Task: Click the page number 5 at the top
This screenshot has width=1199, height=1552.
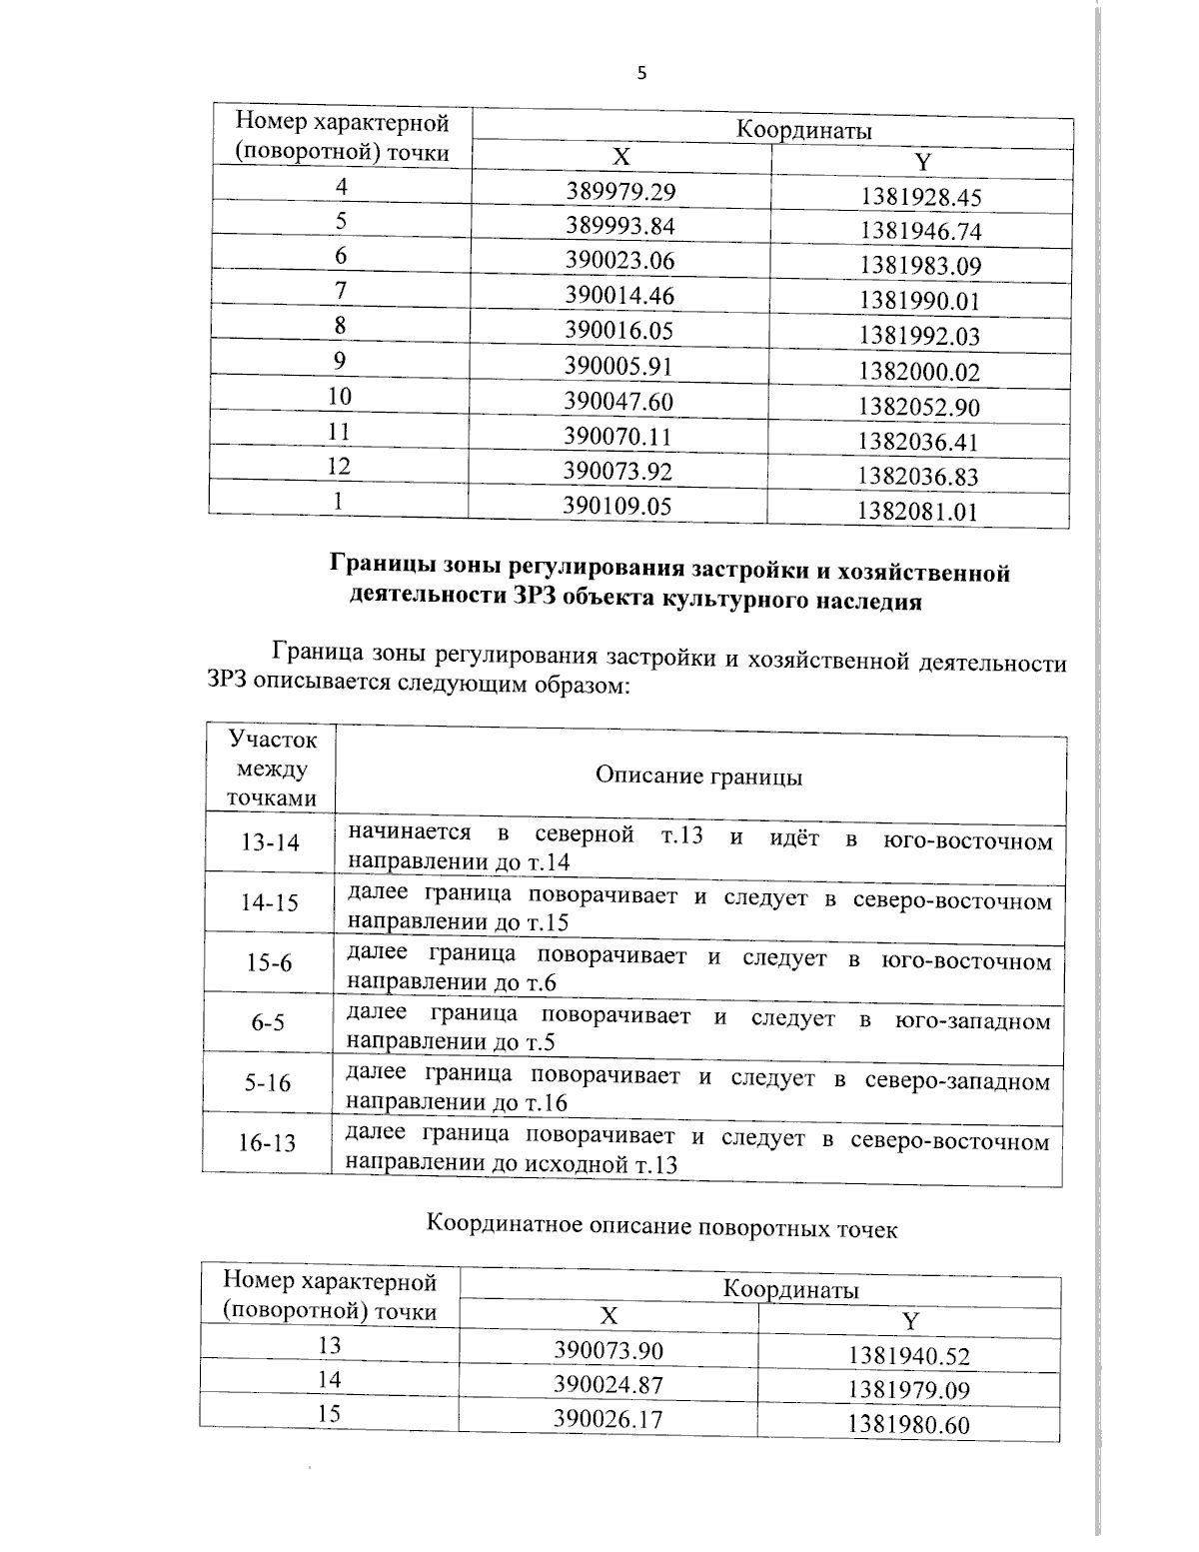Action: (x=641, y=73)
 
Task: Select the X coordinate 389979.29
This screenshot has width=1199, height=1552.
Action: (x=620, y=191)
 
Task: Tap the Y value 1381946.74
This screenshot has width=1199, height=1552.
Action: (x=920, y=232)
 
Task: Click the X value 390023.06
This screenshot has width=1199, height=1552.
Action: (x=620, y=261)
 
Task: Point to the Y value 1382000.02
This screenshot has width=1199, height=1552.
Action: (x=919, y=372)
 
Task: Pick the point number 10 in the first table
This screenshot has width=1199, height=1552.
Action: (x=340, y=396)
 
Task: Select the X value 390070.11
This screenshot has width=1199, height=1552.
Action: (x=617, y=436)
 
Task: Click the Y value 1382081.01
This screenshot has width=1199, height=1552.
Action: (x=916, y=512)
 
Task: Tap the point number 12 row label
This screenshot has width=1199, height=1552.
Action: (x=340, y=466)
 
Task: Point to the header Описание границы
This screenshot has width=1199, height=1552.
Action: (x=698, y=776)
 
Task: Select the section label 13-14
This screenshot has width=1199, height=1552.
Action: (x=270, y=842)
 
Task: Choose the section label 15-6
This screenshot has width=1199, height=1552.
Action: (x=270, y=962)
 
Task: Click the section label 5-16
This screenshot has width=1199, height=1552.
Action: (x=268, y=1082)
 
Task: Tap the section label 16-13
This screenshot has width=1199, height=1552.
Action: (x=267, y=1142)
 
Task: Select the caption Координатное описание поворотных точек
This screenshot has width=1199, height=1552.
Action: (x=661, y=1226)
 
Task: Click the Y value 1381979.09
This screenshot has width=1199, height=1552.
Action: (x=908, y=1390)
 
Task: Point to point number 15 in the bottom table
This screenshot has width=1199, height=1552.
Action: (x=329, y=1413)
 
